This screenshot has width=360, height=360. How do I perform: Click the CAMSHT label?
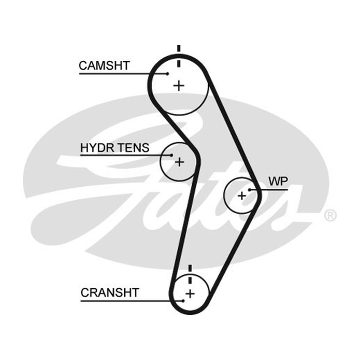point(104,66)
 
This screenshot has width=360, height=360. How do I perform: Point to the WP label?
point(278,181)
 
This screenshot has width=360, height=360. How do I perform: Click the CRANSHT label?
point(110,293)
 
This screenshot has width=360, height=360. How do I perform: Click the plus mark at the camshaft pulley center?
point(179,86)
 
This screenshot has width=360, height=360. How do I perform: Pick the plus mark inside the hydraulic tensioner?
point(179,162)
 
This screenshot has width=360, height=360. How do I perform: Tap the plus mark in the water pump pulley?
point(242,196)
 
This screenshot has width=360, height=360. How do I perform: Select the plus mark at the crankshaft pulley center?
point(190,294)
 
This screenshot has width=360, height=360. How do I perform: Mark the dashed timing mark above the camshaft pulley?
point(179,56)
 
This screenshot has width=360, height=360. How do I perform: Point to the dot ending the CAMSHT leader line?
point(167,74)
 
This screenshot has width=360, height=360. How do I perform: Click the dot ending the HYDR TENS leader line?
point(171,155)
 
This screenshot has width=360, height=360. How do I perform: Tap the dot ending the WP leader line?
point(249,189)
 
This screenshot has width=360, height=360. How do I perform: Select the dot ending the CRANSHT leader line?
point(183,301)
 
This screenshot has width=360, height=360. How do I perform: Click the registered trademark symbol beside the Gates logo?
point(330,216)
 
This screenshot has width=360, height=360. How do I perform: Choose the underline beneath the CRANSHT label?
point(132,301)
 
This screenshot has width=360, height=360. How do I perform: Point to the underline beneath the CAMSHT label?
point(123,74)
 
